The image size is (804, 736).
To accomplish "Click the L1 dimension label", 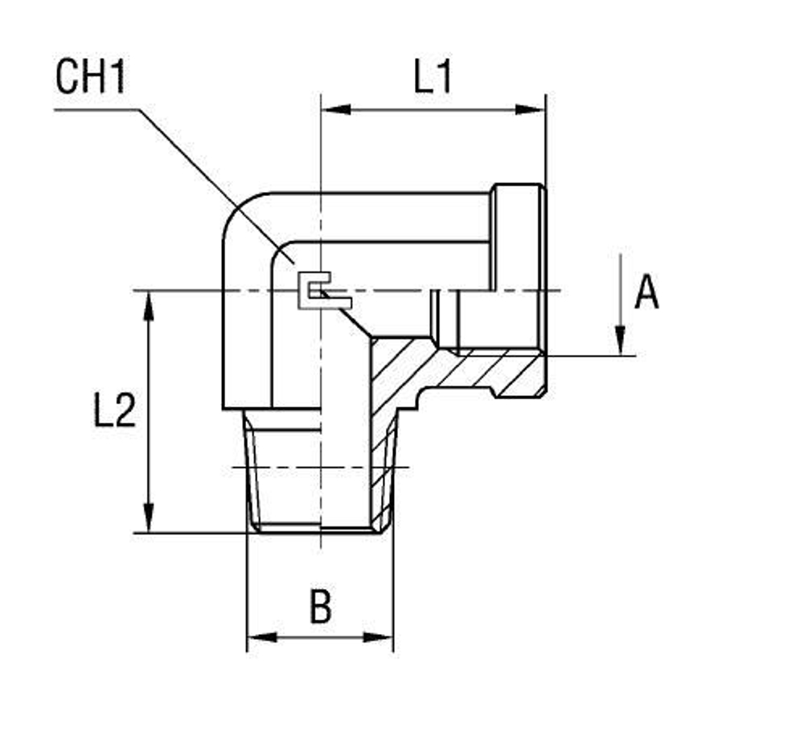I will click(433, 78).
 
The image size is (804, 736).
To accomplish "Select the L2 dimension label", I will click(114, 411).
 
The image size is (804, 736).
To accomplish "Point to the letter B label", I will click(320, 607).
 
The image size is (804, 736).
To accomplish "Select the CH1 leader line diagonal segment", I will click(209, 177).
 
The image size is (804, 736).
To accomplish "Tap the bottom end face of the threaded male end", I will click(320, 530).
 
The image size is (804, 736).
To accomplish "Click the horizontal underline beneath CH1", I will click(96, 109).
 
